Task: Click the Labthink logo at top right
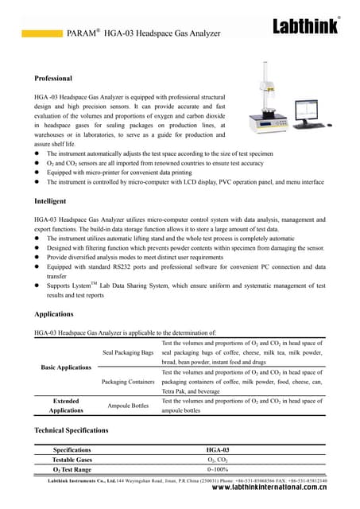(306, 27)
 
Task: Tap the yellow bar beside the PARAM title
(40, 34)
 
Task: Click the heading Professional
(53, 79)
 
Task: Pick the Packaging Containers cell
(128, 382)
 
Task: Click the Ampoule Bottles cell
(128, 406)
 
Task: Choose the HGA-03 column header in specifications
(217, 449)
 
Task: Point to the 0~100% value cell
(217, 470)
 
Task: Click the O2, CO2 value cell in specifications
(217, 460)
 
